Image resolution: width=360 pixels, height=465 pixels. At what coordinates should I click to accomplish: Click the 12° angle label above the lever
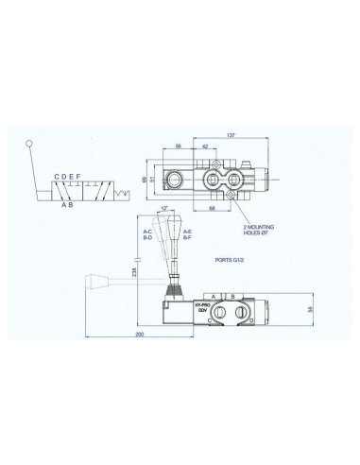(x=164, y=209)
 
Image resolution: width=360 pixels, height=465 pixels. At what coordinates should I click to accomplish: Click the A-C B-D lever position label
(x=147, y=234)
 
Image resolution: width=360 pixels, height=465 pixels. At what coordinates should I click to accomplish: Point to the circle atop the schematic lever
(x=30, y=144)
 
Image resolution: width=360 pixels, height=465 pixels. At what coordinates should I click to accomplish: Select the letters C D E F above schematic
(x=73, y=178)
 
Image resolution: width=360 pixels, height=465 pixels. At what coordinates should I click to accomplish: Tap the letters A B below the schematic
(x=68, y=204)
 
